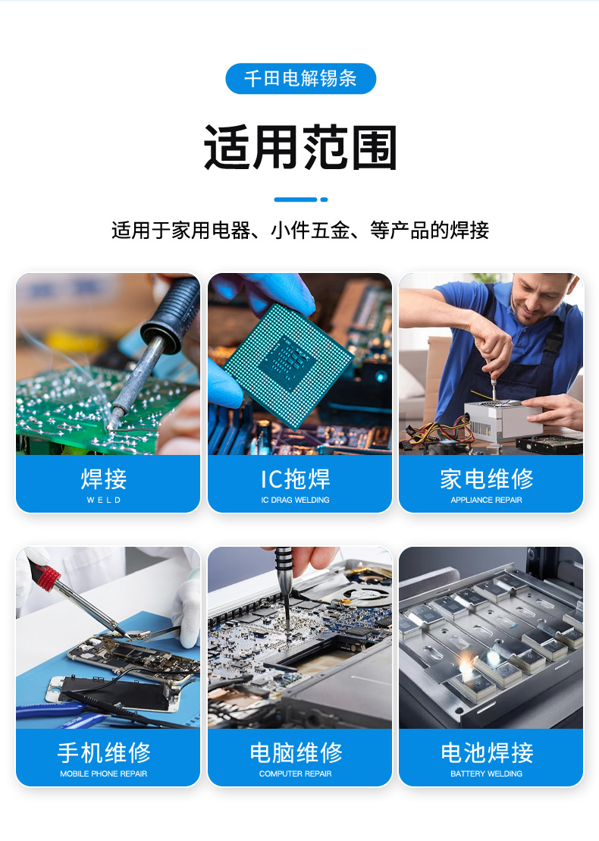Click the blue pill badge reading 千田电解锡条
click(300, 79)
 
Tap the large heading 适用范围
click(300, 147)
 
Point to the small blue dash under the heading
click(300, 199)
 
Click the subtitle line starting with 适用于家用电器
click(300, 231)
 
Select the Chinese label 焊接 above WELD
click(104, 479)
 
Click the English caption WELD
click(104, 501)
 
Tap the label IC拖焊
click(295, 479)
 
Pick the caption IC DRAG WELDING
click(295, 501)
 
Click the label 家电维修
click(487, 479)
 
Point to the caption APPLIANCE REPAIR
click(487, 501)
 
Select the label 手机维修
click(104, 752)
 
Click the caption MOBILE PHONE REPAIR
click(104, 774)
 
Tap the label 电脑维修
click(296, 752)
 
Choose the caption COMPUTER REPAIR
click(296, 774)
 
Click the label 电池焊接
click(487, 752)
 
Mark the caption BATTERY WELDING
click(487, 774)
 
